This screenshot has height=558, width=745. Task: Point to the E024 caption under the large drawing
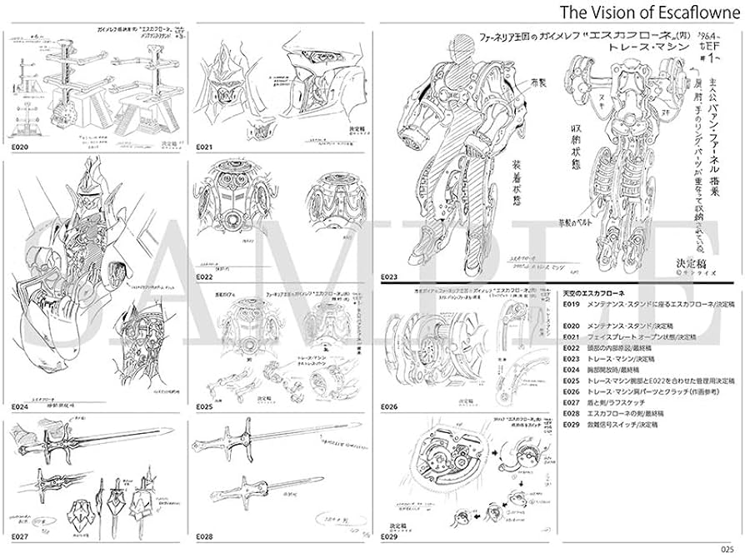click(20, 408)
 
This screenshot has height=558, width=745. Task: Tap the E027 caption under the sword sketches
click(20, 537)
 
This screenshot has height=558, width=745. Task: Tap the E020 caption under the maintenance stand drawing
click(20, 147)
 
